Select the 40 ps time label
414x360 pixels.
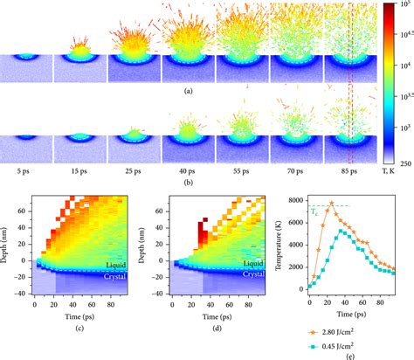click(x=187, y=161)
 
